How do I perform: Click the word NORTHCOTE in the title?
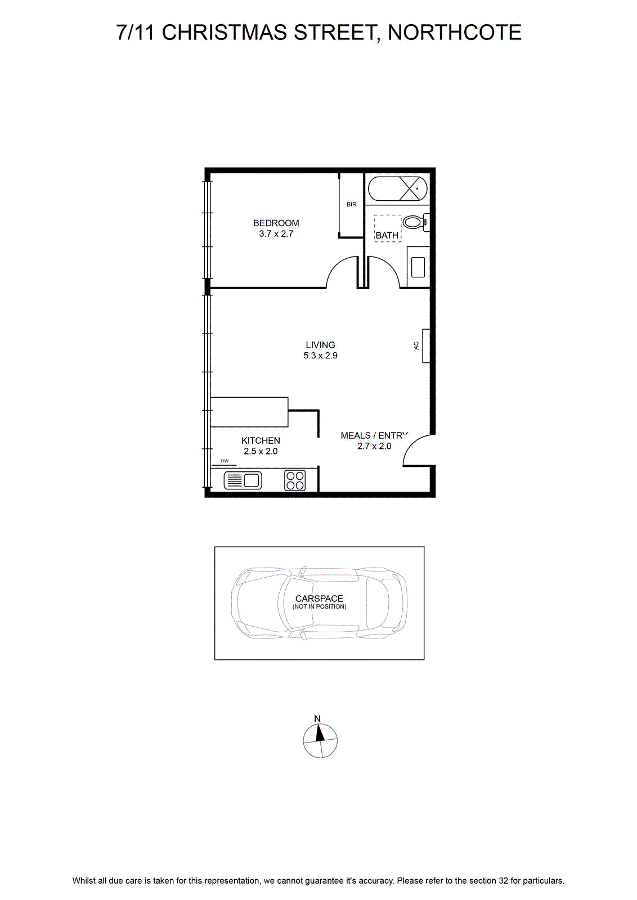455,33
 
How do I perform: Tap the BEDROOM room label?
276,223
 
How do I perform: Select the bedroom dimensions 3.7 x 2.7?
276,234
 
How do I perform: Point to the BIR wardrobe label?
352,205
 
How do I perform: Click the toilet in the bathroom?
416,222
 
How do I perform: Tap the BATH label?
387,236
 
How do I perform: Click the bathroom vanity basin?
418,267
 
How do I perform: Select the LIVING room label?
320,345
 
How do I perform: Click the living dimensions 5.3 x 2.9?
320,355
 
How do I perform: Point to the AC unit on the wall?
426,346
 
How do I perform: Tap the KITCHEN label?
261,440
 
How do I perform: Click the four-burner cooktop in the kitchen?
295,480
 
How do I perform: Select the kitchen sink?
243,480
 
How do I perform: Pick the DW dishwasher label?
225,461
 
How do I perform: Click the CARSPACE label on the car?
319,599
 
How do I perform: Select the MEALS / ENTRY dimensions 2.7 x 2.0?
374,446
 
